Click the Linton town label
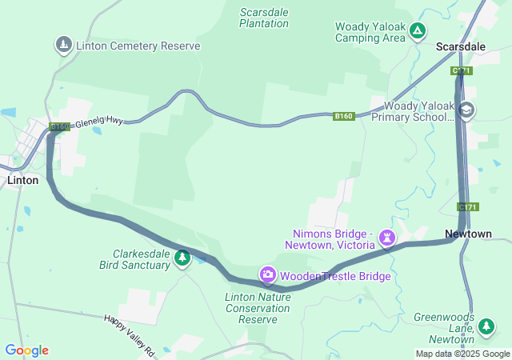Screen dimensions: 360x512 (22, 180)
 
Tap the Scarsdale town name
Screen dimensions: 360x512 (460, 47)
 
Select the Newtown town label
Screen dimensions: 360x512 (468, 234)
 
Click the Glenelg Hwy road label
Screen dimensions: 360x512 (102, 121)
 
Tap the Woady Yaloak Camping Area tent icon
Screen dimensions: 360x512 (417, 31)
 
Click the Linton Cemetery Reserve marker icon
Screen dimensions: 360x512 (63, 45)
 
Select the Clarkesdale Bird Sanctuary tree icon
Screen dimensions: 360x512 (182, 258)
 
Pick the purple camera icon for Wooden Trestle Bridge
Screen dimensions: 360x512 (268, 275)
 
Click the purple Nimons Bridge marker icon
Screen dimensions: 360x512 (388, 238)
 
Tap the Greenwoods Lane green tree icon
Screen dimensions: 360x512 (486, 327)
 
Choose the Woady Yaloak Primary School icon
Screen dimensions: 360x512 (467, 110)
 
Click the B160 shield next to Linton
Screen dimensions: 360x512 (59, 126)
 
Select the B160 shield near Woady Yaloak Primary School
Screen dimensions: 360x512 (343, 117)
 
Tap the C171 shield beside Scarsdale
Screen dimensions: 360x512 (461, 71)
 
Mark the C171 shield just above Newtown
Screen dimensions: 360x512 (468, 207)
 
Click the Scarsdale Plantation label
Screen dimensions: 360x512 (264, 18)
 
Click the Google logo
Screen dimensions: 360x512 (26, 350)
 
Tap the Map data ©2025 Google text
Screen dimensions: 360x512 (462, 354)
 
